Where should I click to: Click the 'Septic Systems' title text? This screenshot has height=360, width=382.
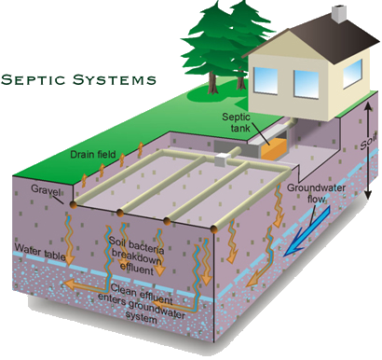(x=78, y=79)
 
